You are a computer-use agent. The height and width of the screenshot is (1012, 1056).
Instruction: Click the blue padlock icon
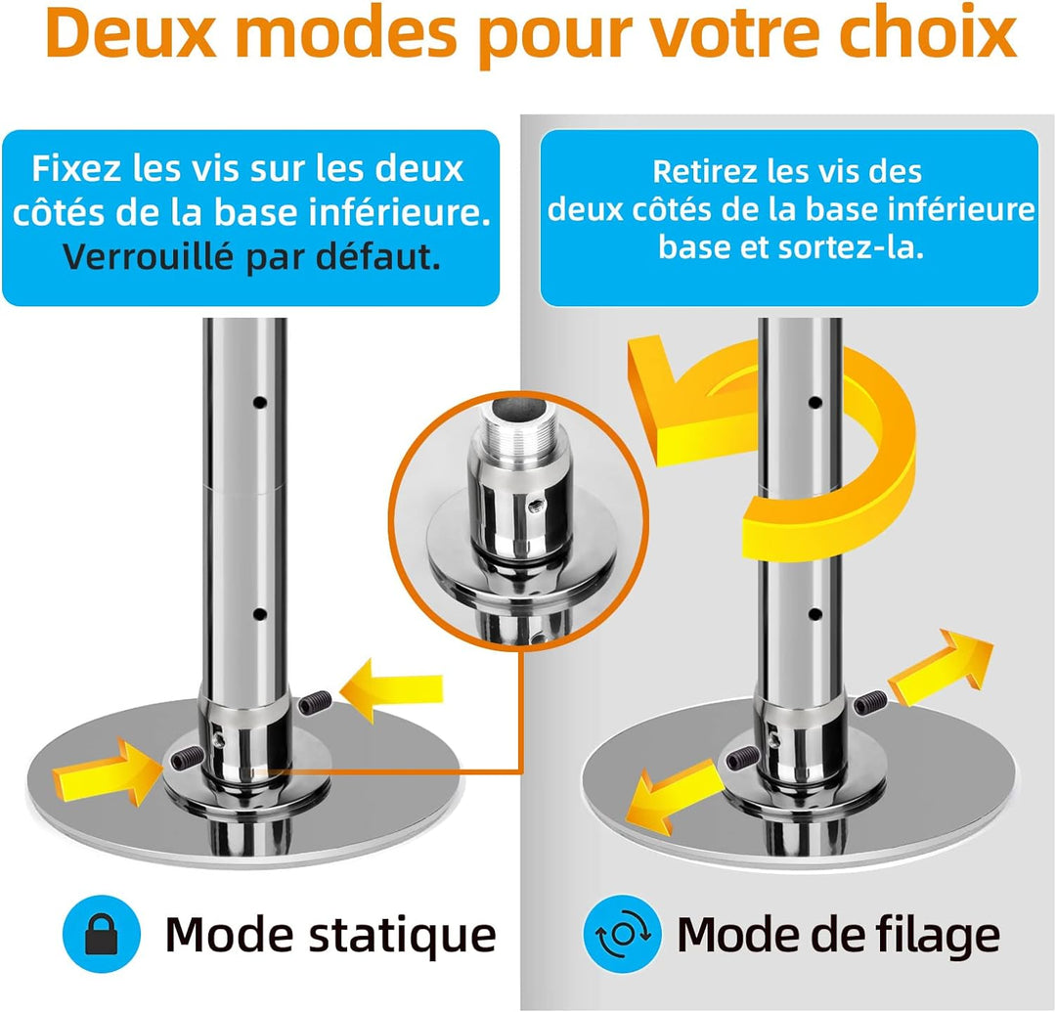102,934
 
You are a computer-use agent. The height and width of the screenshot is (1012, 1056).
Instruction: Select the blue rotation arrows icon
623,934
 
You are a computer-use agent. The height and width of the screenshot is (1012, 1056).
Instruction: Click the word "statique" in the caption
402,935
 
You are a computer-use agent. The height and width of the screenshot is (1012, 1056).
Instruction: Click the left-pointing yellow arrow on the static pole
391,690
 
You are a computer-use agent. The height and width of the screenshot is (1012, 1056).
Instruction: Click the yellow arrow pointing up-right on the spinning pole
942,669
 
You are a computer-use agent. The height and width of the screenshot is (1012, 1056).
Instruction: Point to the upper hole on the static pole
260,403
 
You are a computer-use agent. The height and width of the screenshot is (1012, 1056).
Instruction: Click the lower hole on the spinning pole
814,614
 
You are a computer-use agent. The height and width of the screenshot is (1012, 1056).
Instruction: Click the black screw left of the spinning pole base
743,759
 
